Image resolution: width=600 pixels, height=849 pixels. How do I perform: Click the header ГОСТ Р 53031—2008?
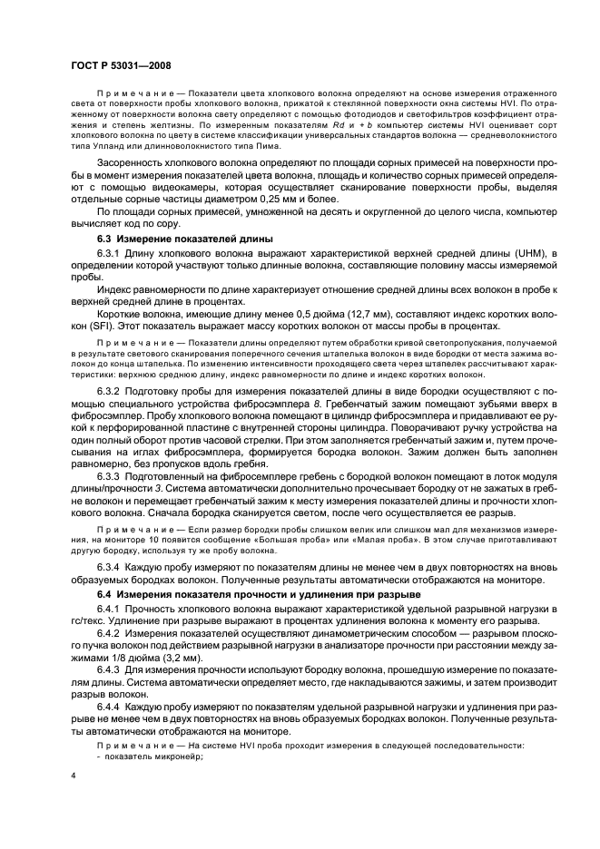(x=119, y=66)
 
